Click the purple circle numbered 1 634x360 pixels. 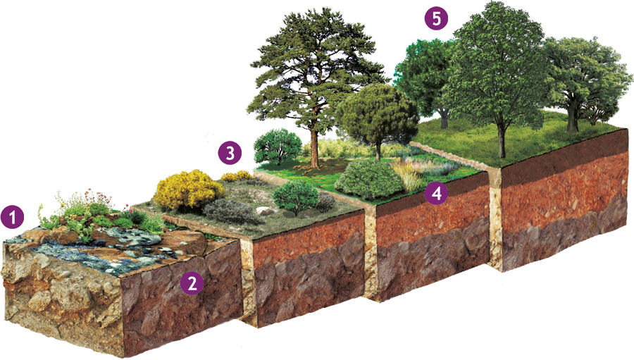[13, 217]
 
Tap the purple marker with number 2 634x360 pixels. [192, 283]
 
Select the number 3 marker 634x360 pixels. [230, 153]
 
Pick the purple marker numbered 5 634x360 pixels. [437, 18]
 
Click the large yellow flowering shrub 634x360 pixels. [187, 190]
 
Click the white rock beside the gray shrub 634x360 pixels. [265, 211]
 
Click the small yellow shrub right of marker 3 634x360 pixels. [237, 176]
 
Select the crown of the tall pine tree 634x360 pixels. [313, 65]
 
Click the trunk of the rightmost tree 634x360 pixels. [572, 118]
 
